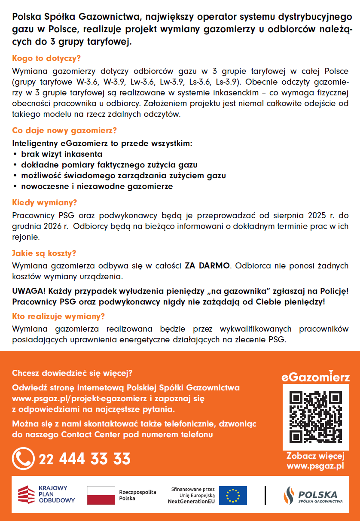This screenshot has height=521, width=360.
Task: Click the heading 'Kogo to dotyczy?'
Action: pyautogui.click(x=46, y=58)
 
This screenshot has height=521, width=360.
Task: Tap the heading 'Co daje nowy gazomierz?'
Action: pyautogui.click(x=64, y=130)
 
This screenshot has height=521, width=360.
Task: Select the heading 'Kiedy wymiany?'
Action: pyautogui.click(x=45, y=202)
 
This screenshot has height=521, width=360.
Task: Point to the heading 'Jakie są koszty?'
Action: pyautogui.click(x=44, y=253)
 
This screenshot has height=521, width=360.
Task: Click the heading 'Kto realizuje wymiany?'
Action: pyautogui.click(x=58, y=317)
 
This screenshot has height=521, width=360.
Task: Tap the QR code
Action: pyautogui.click(x=315, y=416)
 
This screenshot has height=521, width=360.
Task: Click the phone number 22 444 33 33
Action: pyautogui.click(x=85, y=459)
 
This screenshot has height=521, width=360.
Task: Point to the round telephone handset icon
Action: pyautogui.click(x=23, y=459)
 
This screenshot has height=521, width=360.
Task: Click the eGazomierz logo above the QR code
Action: pyautogui.click(x=315, y=377)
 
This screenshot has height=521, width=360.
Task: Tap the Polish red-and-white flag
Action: pyautogui.click(x=101, y=496)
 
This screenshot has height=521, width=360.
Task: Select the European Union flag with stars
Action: pyautogui.click(x=233, y=496)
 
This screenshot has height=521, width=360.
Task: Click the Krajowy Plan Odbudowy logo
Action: pyautogui.click(x=46, y=494)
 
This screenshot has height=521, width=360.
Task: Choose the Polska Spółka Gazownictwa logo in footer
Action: pyautogui.click(x=313, y=496)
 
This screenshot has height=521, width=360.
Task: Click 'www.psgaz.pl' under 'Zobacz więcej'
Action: pyautogui.click(x=315, y=466)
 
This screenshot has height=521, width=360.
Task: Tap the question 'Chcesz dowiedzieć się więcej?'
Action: pyautogui.click(x=72, y=372)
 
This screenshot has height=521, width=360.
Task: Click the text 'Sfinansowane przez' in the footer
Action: pyautogui.click(x=193, y=489)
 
